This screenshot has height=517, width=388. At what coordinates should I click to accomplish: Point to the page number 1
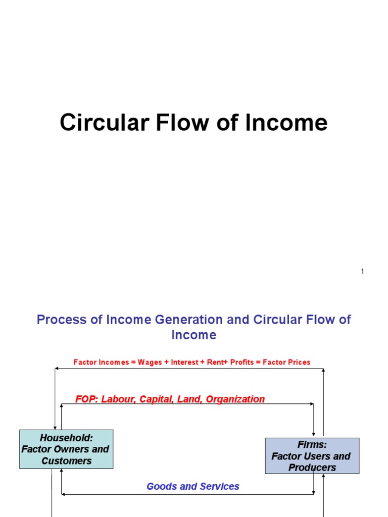(363, 272)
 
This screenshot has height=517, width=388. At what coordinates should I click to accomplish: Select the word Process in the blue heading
(58, 320)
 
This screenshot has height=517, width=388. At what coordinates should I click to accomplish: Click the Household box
(66, 449)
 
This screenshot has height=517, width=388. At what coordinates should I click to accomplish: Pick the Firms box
(312, 456)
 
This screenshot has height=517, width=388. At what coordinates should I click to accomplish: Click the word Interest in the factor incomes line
(184, 362)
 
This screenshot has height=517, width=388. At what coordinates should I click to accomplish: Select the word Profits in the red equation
(241, 362)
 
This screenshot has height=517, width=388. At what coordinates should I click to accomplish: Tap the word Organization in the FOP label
(235, 399)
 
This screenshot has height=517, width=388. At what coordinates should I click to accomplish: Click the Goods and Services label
(192, 487)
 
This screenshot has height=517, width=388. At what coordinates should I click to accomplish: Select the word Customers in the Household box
(67, 460)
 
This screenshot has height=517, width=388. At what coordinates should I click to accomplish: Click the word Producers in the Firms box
(312, 468)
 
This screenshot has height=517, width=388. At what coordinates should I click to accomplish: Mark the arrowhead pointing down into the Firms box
(314, 434)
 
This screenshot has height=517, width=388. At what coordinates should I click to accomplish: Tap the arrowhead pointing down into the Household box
(55, 427)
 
